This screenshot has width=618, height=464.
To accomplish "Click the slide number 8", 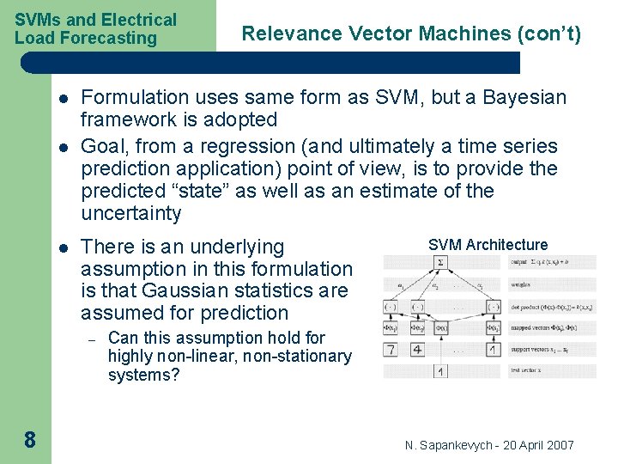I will [29, 440].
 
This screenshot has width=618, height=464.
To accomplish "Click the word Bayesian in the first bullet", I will [525, 97].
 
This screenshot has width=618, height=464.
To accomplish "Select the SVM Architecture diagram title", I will [488, 245].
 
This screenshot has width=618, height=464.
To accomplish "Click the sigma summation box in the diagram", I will [440, 262].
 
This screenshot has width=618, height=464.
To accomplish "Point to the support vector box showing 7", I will [391, 350].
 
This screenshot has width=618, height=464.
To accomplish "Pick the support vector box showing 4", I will [417, 350].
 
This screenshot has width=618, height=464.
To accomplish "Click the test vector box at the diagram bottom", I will [440, 371].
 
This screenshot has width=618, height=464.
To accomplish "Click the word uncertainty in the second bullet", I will [131, 213].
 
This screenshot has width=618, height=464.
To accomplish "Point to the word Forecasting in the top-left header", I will [116, 38].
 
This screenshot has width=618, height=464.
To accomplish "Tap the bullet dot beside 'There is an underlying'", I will [63, 247].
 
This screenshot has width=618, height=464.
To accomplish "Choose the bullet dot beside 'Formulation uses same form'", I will [63, 98].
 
